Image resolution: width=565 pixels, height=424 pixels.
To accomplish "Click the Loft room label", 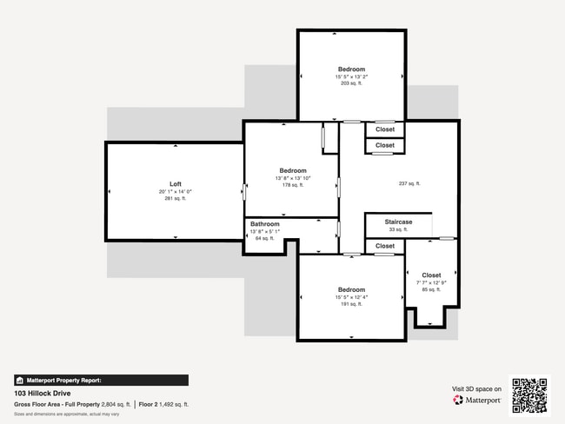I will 176,184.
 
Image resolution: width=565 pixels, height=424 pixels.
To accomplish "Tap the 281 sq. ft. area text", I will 176,199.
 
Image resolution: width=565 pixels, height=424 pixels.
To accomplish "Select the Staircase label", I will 398,222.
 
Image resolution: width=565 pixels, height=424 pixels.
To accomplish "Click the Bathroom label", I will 265,224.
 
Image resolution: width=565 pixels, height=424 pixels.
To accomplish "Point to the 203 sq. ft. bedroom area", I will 351,84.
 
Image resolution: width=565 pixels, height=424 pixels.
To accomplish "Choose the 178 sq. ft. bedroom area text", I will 293,185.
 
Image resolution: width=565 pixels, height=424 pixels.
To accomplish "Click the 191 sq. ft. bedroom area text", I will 351,304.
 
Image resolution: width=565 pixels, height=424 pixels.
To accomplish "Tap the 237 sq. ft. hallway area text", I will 409,183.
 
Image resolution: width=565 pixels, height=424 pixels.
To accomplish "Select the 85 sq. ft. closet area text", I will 431,289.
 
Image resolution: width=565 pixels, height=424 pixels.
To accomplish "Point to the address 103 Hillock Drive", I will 43,393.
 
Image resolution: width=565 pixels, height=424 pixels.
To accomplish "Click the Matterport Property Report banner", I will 100,381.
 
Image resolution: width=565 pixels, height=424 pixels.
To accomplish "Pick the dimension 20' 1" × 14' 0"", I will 176,192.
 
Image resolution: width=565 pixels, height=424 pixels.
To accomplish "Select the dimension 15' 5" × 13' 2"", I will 351,76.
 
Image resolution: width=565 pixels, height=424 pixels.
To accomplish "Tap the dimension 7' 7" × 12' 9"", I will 431,282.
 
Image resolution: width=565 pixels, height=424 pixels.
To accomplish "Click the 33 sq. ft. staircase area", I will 398,230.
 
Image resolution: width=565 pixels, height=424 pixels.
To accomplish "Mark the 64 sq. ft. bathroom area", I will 265,238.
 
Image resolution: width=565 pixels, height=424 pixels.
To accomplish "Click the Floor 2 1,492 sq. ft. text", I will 164,405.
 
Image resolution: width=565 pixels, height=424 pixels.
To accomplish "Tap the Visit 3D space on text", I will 476,389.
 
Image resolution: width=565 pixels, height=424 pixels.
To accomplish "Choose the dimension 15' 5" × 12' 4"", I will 351,297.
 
